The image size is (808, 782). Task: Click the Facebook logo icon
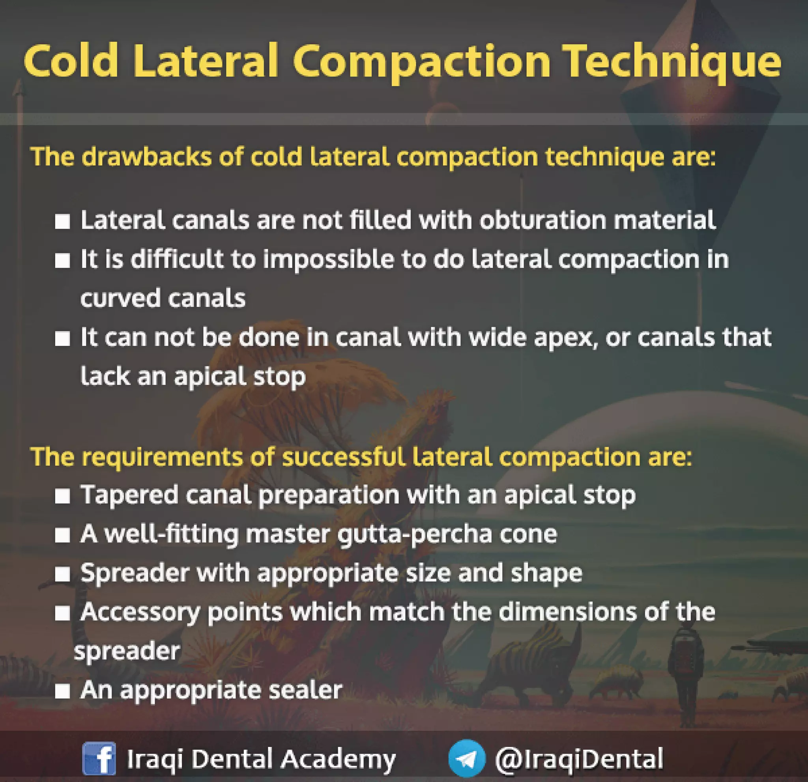(x=99, y=758)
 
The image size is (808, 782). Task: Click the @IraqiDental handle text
(x=579, y=758)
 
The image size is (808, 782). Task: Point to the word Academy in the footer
(x=339, y=758)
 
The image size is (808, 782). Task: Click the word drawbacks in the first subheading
(x=146, y=157)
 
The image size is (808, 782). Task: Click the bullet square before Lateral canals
(x=62, y=221)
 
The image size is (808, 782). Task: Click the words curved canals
(x=163, y=298)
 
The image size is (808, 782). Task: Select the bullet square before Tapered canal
(x=62, y=496)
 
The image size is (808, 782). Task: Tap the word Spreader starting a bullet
(x=135, y=573)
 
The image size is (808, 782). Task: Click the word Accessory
(x=140, y=613)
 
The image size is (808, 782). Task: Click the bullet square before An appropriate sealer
(x=62, y=691)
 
